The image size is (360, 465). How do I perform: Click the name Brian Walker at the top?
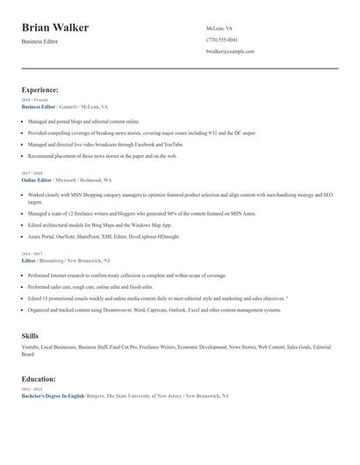tap(54, 28)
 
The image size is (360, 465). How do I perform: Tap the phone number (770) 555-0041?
tap(221, 39)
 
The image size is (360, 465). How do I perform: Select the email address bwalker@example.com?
tap(230, 52)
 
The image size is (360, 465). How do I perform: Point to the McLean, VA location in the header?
tap(220, 28)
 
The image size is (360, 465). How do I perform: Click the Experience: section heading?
tap(40, 89)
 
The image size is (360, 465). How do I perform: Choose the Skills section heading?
tap(30, 336)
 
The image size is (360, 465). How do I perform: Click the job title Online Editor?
tap(37, 179)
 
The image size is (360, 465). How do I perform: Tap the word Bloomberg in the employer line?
tap(51, 261)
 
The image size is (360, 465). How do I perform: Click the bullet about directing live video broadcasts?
tap(105, 144)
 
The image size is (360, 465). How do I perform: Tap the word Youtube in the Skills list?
tap(31, 347)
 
